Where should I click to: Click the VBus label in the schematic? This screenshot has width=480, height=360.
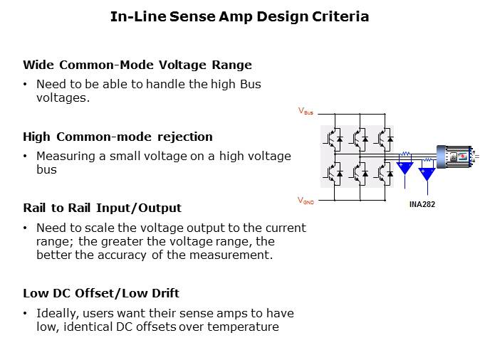click(x=306, y=112)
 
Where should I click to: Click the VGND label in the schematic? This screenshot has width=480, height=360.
click(x=306, y=201)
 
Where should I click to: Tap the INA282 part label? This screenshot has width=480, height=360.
click(x=422, y=204)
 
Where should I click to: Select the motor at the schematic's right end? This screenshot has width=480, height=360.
click(x=456, y=157)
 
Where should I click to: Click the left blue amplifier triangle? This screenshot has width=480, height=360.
click(x=405, y=168)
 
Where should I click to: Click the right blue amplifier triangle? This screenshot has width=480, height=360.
click(x=427, y=173)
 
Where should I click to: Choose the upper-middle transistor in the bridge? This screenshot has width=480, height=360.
click(x=358, y=135)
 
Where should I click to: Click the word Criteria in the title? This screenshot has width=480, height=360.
click(x=338, y=16)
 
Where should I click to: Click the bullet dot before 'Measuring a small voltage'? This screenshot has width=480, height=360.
click(x=26, y=157)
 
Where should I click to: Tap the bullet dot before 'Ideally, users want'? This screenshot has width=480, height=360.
click(x=26, y=314)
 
